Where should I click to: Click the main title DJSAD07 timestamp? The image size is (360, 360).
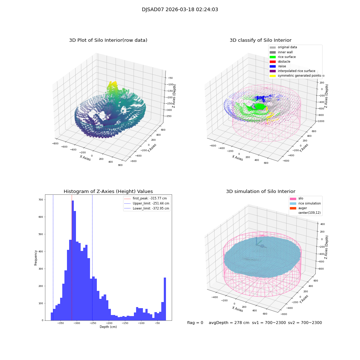click(180, 10)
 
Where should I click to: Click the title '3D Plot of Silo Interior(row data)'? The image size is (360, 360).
click(108, 40)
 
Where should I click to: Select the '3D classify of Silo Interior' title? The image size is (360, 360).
click(260, 40)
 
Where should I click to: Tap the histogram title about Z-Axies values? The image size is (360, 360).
click(108, 192)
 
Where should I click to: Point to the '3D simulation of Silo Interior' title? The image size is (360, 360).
click(260, 192)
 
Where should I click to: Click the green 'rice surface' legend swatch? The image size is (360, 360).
click(273, 57)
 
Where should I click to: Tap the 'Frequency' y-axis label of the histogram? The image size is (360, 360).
click(36, 257)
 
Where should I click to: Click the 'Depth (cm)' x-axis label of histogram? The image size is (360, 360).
click(108, 327)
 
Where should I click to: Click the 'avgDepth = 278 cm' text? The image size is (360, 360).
click(229, 323)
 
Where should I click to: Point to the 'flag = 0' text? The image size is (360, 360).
click(195, 323)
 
